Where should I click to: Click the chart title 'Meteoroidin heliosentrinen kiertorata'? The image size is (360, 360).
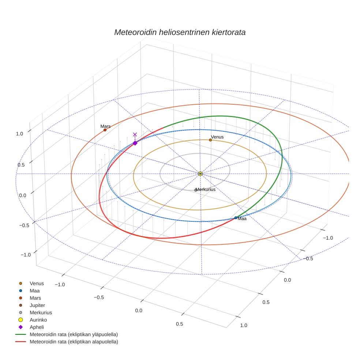click(x=180, y=32)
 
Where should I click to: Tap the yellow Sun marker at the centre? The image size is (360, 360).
click(x=200, y=173)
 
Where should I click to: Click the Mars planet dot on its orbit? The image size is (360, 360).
click(x=105, y=130)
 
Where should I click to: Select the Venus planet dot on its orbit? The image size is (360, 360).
click(x=210, y=140)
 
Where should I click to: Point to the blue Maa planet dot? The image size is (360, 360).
click(x=236, y=218)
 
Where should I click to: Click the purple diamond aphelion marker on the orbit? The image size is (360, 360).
click(x=135, y=143)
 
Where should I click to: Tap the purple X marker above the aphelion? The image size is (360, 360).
click(x=135, y=135)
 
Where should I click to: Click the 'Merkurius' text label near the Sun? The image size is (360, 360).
click(x=206, y=190)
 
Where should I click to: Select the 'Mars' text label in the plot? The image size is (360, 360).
click(x=105, y=126)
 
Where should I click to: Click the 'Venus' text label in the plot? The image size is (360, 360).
click(x=217, y=137)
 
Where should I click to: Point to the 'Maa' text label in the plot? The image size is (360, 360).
click(x=242, y=218)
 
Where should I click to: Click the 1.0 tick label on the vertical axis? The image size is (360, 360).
click(x=19, y=134)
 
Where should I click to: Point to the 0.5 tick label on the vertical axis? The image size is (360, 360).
click(x=21, y=165)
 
